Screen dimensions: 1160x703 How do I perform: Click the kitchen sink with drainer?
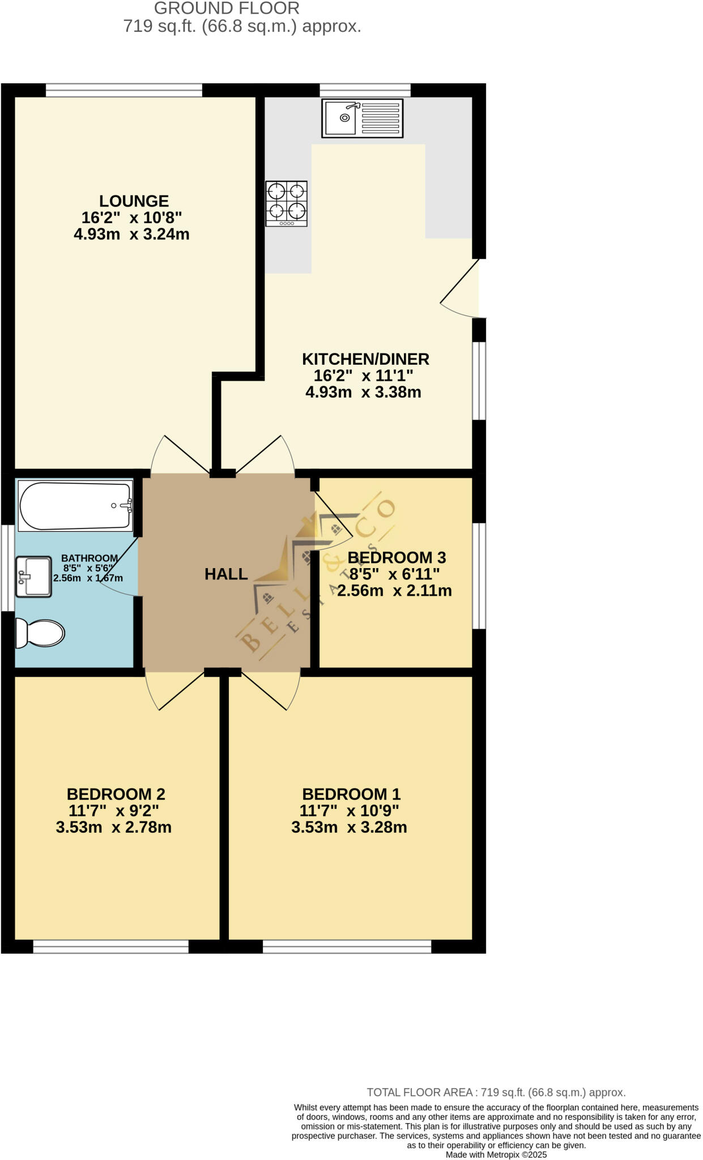(x=362, y=118)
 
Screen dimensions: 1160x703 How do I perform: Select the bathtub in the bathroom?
(x=76, y=506)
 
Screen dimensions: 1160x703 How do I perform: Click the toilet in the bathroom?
(x=40, y=633)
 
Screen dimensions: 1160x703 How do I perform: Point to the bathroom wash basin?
(x=33, y=577)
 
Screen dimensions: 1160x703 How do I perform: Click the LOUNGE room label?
(x=134, y=201)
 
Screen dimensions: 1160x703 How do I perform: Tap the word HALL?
(x=226, y=574)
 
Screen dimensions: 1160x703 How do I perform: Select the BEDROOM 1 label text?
(x=351, y=794)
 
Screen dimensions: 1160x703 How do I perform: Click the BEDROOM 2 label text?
(x=116, y=794)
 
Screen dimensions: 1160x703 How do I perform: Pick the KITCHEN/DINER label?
(x=365, y=359)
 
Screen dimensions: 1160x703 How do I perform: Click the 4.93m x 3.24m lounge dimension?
(x=131, y=234)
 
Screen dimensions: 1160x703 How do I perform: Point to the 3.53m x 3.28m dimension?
(x=349, y=828)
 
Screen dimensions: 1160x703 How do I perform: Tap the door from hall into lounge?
(x=177, y=454)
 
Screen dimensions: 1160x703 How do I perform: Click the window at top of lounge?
(x=123, y=90)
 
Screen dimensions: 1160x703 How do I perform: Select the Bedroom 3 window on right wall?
(x=479, y=575)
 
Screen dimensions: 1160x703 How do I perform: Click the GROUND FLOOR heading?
(x=227, y=8)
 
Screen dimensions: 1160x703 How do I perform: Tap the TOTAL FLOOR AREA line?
(x=496, y=1093)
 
